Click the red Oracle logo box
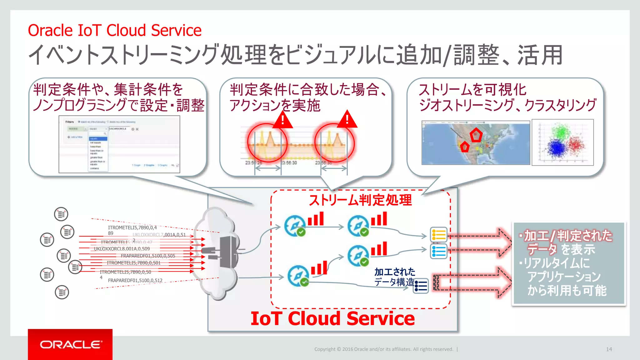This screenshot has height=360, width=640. click(70, 344)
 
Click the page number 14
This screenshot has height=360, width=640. click(609, 349)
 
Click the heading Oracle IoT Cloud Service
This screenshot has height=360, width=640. click(115, 30)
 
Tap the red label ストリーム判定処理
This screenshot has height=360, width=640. click(360, 200)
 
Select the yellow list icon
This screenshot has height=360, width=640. click(438, 235)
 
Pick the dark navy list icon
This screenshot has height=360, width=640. click(421, 286)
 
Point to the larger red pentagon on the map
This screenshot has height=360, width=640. click(476, 135)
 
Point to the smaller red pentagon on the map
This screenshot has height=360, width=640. click(465, 147)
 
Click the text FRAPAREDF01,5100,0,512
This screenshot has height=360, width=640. click(135, 280)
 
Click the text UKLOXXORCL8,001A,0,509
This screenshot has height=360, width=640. click(122, 249)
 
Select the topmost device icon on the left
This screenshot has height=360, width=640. click(61, 214)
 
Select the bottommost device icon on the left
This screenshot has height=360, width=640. click(62, 292)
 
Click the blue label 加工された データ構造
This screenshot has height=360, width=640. click(394, 277)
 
